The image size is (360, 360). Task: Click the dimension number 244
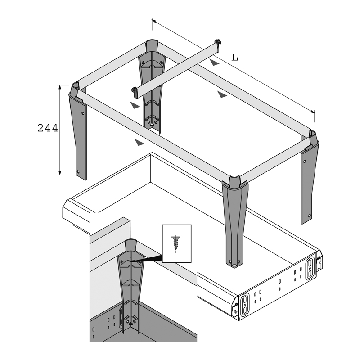48,128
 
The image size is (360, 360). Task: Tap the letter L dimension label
234,58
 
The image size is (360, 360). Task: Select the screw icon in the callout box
176,243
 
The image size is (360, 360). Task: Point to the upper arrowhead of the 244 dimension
60,87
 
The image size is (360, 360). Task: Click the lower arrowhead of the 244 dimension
60,173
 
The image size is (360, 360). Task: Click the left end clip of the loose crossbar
134,92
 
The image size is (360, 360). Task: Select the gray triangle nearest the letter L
215,62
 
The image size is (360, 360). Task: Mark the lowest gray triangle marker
139,142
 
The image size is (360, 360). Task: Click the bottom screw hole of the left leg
78,171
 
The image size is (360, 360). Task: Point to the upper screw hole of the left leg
82,113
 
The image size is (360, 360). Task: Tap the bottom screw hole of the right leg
310,216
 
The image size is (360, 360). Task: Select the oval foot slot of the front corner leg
234,265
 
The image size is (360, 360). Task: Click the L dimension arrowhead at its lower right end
313,112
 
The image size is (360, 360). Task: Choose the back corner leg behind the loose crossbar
151,85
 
